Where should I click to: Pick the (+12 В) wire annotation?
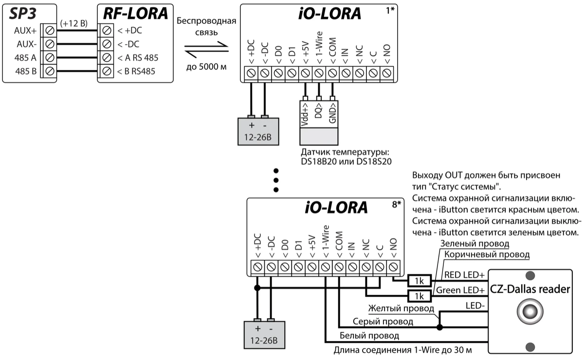73,23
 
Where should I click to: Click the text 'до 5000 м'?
206,66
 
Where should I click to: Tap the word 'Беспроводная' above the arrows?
206,22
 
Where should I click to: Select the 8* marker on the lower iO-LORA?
396,204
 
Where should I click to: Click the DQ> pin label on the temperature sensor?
318,112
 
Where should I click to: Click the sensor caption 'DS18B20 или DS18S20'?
347,161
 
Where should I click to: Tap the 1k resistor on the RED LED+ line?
418,281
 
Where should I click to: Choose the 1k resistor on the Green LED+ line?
418,295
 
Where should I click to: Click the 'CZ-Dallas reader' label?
530,289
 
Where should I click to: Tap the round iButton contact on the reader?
530,311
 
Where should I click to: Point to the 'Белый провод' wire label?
369,336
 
